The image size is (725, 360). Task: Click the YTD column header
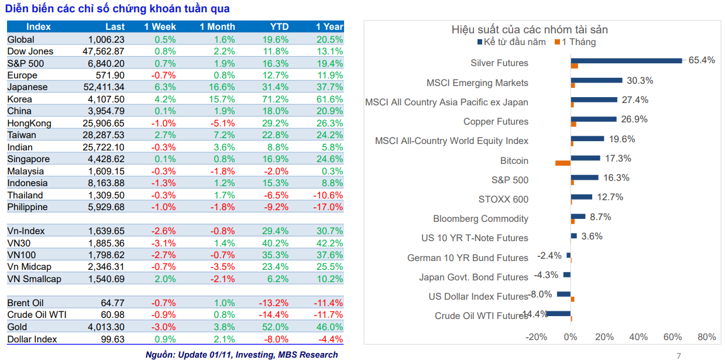(x=279, y=26)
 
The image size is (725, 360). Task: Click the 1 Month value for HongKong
(x=222, y=124)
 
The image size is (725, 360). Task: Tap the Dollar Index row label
(x=32, y=340)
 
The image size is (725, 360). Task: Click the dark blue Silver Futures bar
(x=626, y=60)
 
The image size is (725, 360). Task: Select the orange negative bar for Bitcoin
(x=562, y=163)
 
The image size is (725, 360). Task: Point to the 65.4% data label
(x=701, y=60)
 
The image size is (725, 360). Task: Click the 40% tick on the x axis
(x=638, y=337)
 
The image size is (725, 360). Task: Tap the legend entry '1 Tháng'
(x=578, y=42)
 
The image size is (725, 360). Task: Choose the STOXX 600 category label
(x=503, y=200)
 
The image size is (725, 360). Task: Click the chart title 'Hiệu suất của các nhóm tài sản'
(x=529, y=29)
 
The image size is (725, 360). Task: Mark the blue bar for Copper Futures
(x=593, y=119)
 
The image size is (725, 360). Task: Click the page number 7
(x=679, y=355)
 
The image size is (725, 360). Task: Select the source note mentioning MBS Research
(x=241, y=354)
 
